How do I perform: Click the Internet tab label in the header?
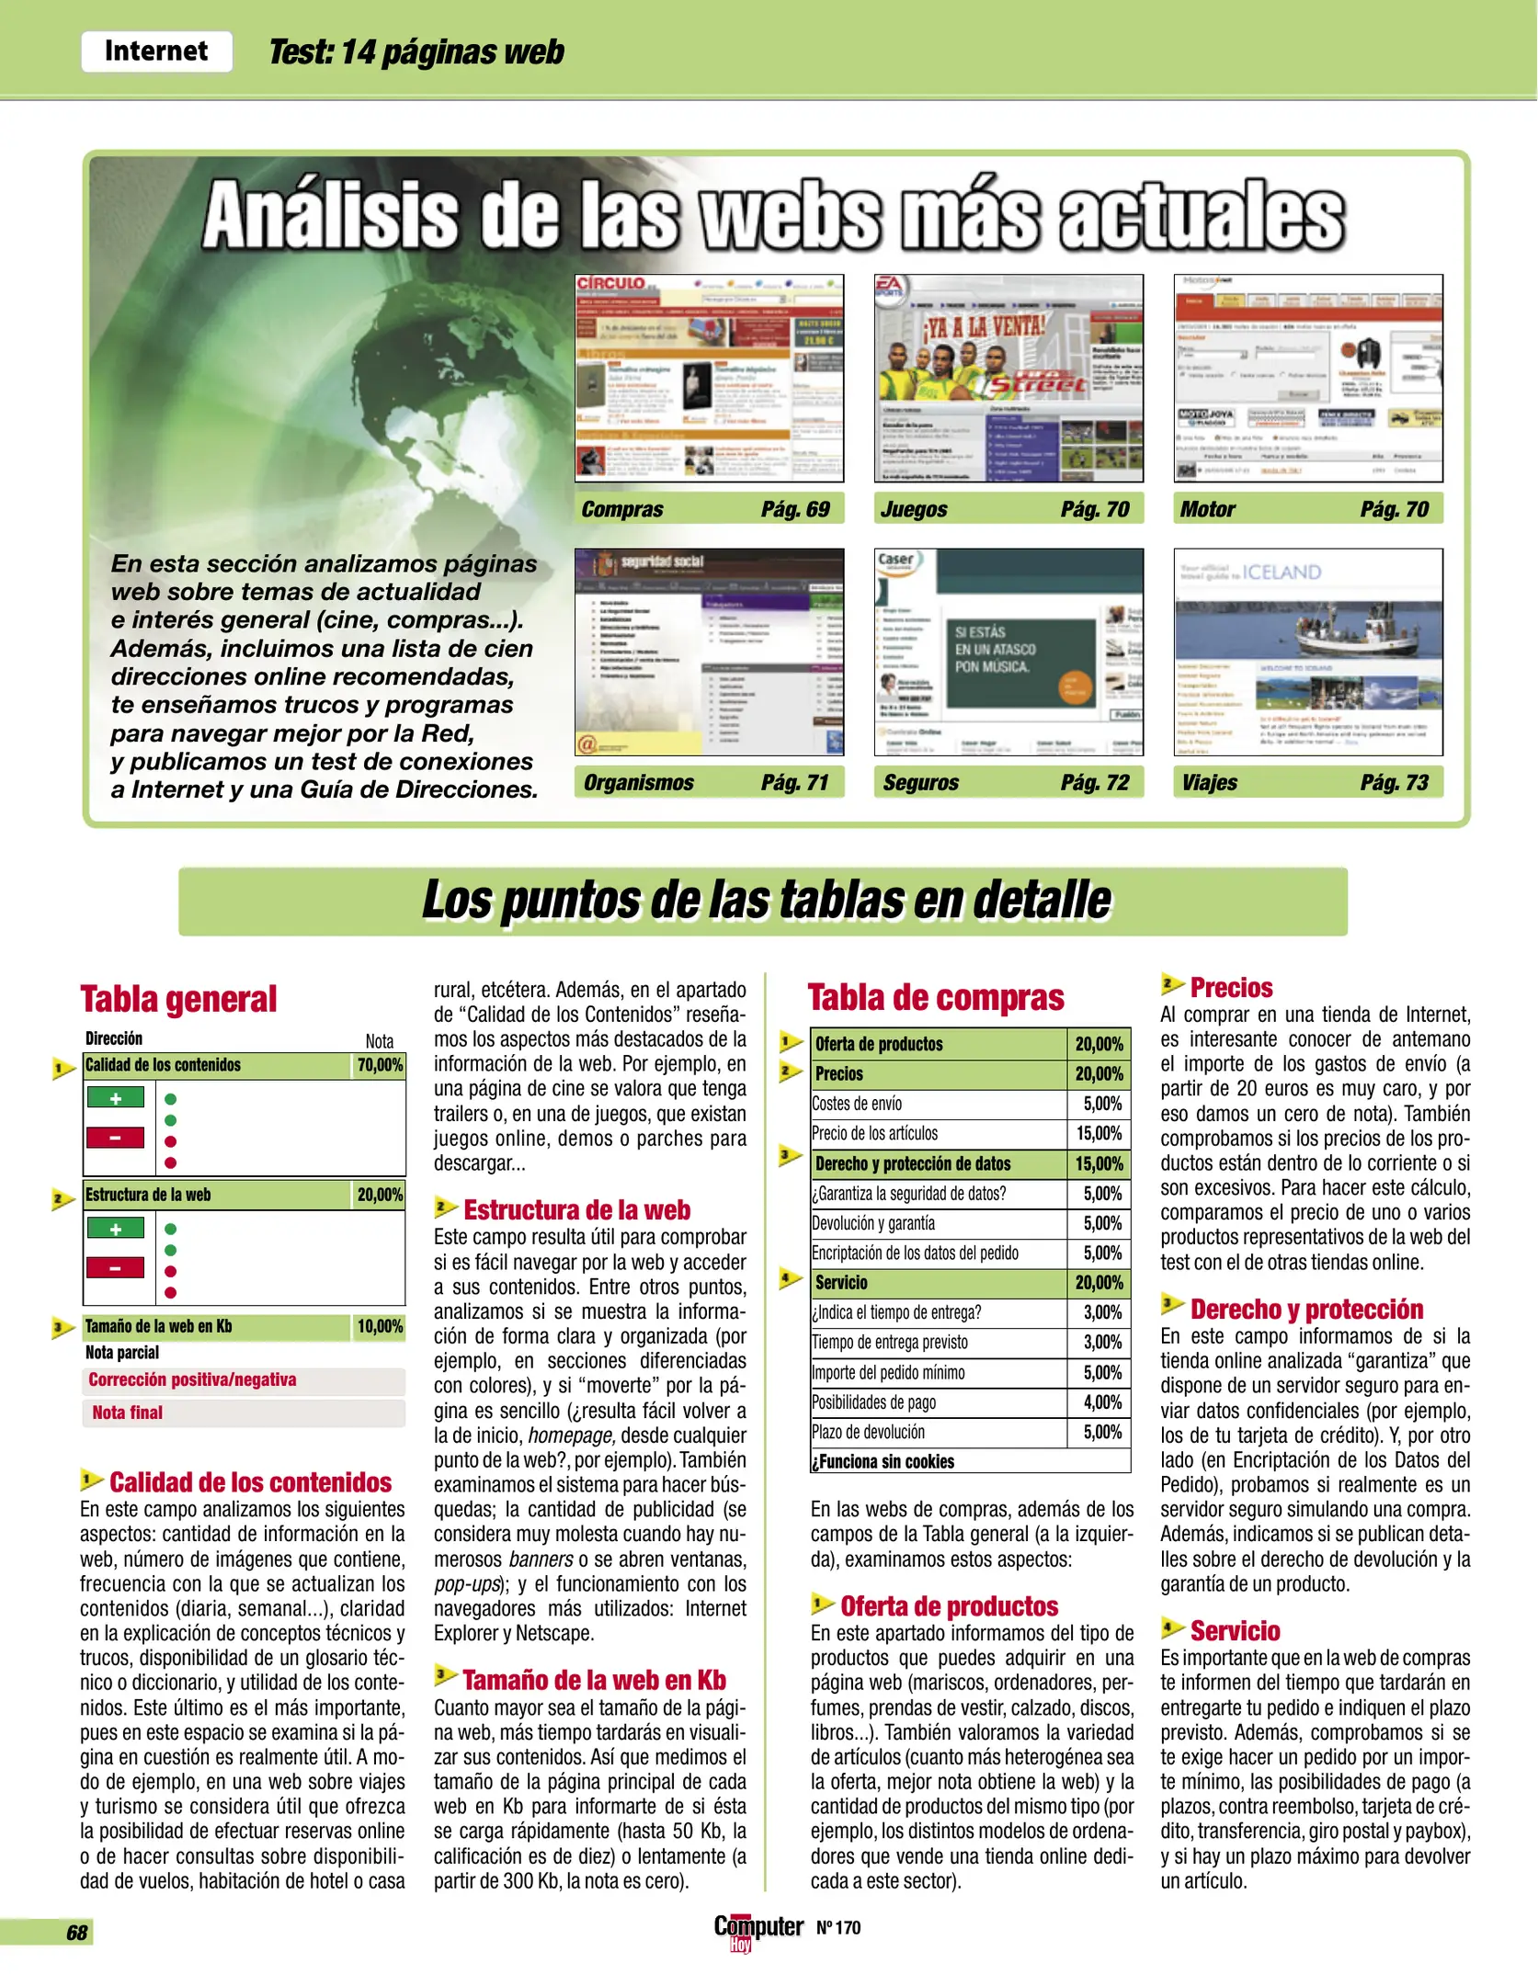pyautogui.click(x=156, y=51)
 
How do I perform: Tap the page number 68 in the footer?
pyautogui.click(x=76, y=1932)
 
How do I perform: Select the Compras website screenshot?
pyautogui.click(x=709, y=378)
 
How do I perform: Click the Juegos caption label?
pyautogui.click(x=914, y=509)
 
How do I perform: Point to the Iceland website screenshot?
pyautogui.click(x=1307, y=652)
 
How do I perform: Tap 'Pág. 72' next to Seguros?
pyautogui.click(x=1094, y=783)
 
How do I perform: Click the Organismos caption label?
pyautogui.click(x=639, y=783)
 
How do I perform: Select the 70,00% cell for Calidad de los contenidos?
pyautogui.click(x=380, y=1065)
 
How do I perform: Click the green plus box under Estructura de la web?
pyautogui.click(x=115, y=1228)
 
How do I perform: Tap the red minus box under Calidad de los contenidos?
pyautogui.click(x=115, y=1138)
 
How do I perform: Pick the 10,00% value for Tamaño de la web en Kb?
pyautogui.click(x=380, y=1326)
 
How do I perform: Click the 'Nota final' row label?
pyautogui.click(x=128, y=1412)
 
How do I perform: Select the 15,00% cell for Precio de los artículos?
pyautogui.click(x=1099, y=1133)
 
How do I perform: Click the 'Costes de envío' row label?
pyautogui.click(x=857, y=1104)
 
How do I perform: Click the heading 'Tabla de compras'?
pyautogui.click(x=936, y=998)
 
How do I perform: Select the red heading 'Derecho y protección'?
pyautogui.click(x=1306, y=1309)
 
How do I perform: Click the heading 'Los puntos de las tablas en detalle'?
pyautogui.click(x=766, y=901)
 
